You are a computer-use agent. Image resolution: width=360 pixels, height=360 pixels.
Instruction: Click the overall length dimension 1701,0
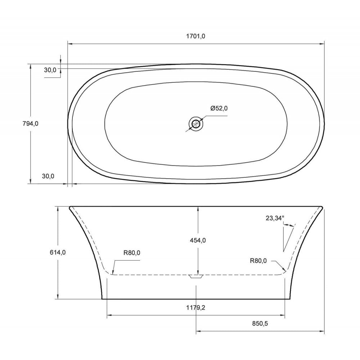click(196, 36)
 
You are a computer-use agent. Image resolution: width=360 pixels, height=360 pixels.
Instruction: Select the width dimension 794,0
click(31, 123)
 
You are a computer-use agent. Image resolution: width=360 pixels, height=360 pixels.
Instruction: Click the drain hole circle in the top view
click(196, 124)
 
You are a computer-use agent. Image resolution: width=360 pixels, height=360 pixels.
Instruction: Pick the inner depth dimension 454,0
click(198, 240)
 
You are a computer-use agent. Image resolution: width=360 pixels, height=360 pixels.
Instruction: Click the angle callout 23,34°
click(275, 218)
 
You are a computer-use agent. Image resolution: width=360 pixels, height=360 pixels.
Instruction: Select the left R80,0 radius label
click(131, 253)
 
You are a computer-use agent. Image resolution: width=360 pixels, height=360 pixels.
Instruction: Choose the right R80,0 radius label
click(258, 261)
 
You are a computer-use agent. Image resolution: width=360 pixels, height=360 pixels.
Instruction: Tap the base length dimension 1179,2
click(196, 308)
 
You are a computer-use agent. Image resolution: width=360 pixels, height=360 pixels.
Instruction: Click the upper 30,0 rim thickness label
click(50, 70)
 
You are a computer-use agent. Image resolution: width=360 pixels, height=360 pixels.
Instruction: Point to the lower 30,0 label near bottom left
click(48, 176)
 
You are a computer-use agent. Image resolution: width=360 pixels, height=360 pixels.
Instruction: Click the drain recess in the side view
click(196, 276)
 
